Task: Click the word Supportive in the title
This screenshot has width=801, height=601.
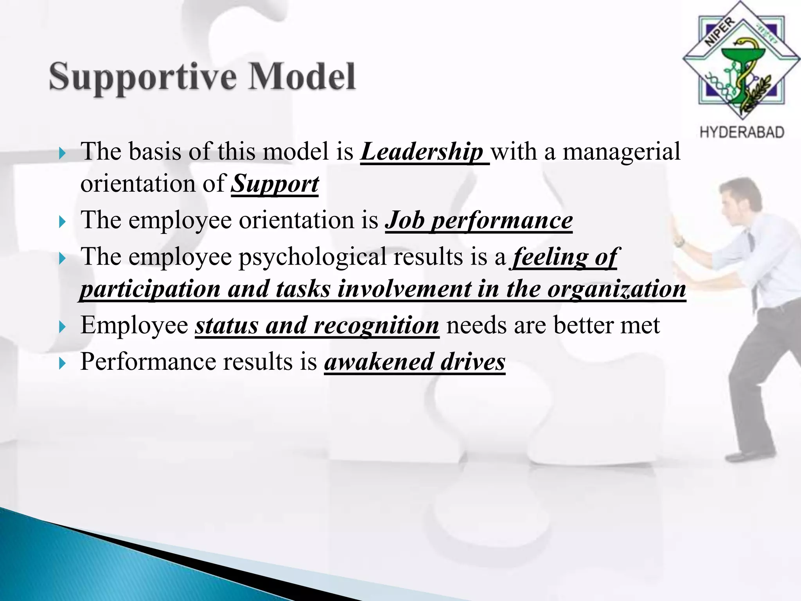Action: pyautogui.click(x=143, y=76)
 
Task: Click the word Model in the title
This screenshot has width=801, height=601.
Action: pyautogui.click(x=302, y=76)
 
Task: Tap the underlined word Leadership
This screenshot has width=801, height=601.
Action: pyautogui.click(x=422, y=152)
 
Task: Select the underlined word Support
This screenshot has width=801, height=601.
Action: pyautogui.click(x=275, y=184)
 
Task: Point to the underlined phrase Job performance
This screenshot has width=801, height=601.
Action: pyautogui.click(x=479, y=221)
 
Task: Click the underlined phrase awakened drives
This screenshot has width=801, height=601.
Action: pyautogui.click(x=415, y=362)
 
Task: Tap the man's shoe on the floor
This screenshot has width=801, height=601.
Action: pyautogui.click(x=749, y=455)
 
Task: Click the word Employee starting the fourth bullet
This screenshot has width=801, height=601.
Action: pyautogui.click(x=134, y=326)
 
